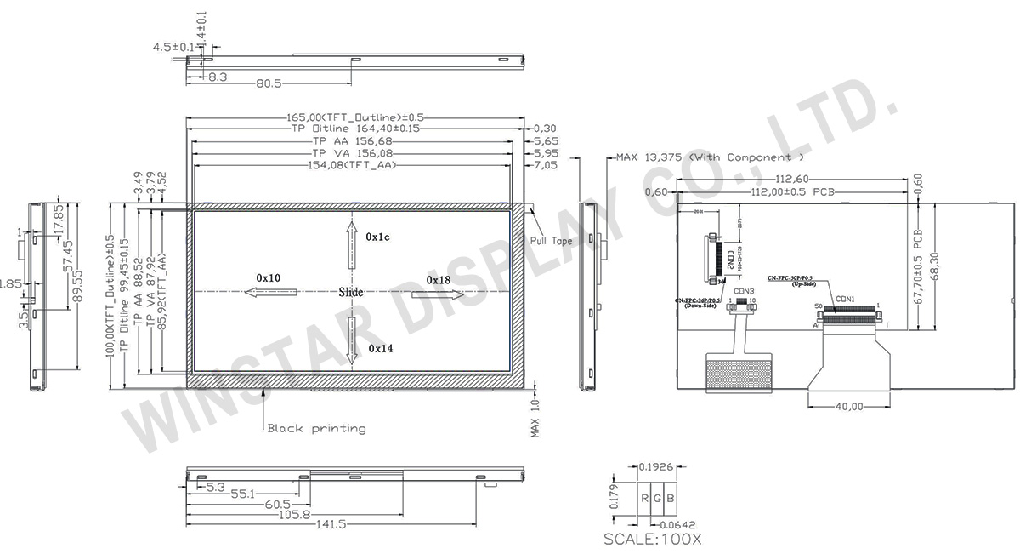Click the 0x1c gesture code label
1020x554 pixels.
pyautogui.click(x=377, y=237)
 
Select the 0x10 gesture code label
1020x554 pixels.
pyautogui.click(x=269, y=278)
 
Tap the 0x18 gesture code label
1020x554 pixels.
pyautogui.click(x=439, y=280)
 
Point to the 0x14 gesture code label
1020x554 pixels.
pyautogui.click(x=380, y=349)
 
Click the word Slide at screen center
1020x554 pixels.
pyautogui.click(x=351, y=293)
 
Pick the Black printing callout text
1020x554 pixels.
pyautogui.click(x=316, y=428)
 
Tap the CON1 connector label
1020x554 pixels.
pyautogui.click(x=846, y=299)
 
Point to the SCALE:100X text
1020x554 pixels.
pyautogui.click(x=652, y=539)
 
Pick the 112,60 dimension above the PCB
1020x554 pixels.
pyautogui.click(x=790, y=179)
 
